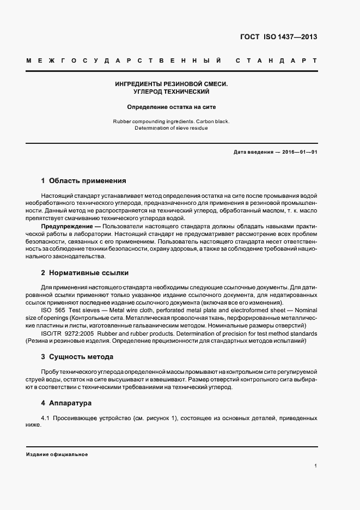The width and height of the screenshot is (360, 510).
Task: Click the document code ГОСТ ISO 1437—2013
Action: click(278, 38)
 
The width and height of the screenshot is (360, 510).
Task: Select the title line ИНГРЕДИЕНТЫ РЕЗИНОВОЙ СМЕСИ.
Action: click(172, 84)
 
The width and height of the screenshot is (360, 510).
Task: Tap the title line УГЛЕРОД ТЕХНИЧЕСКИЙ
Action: click(172, 92)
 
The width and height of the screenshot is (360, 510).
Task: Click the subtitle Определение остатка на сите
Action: click(172, 107)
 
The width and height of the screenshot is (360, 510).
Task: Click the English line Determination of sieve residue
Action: click(172, 128)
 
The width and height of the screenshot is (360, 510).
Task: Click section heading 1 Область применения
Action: click(83, 180)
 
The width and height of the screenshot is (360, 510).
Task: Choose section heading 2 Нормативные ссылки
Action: click(85, 272)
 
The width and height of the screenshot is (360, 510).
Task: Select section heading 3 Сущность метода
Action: click(77, 357)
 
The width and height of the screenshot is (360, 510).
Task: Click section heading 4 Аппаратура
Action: click(67, 403)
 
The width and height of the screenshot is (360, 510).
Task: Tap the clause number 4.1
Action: click(46, 418)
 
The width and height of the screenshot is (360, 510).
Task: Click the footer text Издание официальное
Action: click(57, 454)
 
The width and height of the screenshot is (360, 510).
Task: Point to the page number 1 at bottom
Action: click(316, 466)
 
